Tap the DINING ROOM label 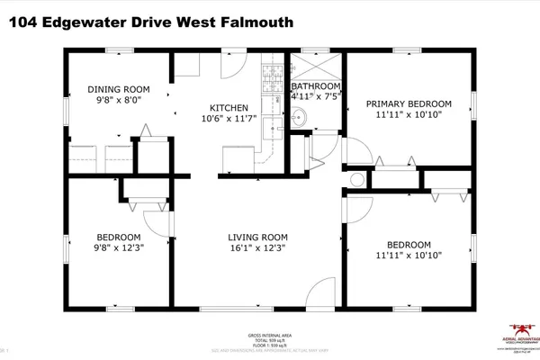(x=118, y=90)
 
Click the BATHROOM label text (x=316, y=87)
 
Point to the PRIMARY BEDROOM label (x=409, y=104)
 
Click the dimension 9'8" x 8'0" (x=118, y=102)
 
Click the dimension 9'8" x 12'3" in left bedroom (x=118, y=248)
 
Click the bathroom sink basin (x=300, y=116)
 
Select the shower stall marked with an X (x=316, y=64)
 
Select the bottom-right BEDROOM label (x=409, y=245)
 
